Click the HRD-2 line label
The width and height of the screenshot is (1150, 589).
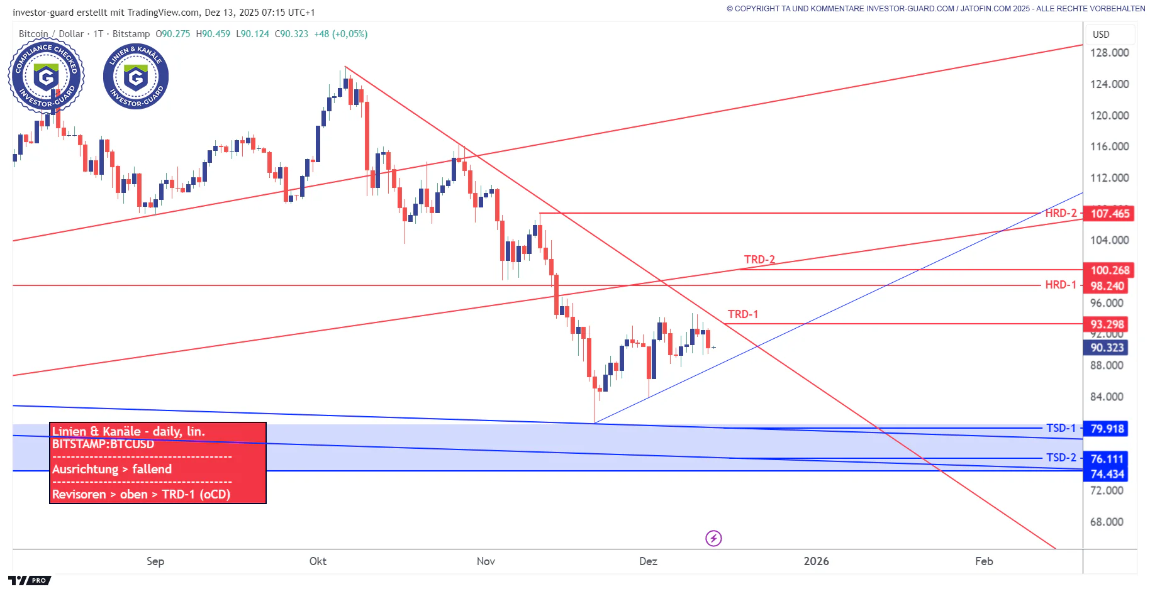1061,213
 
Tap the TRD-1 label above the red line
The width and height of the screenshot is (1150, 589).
742,314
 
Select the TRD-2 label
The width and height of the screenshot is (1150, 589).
759,260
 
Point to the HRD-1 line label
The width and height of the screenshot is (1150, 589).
1061,285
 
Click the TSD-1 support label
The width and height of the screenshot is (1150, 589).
1061,428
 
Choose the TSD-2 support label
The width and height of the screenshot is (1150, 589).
1061,458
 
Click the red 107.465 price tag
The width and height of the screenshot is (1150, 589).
1109,214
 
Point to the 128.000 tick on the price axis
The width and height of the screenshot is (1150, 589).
1109,53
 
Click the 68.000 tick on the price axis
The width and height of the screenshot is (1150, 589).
1107,522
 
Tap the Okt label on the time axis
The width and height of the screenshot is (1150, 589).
318,561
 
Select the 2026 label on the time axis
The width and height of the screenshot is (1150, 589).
816,561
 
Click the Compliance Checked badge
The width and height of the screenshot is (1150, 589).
46,77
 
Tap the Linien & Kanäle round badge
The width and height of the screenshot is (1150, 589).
136,77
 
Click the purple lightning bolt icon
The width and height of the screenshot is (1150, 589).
713,538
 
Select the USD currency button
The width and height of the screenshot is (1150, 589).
1101,35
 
